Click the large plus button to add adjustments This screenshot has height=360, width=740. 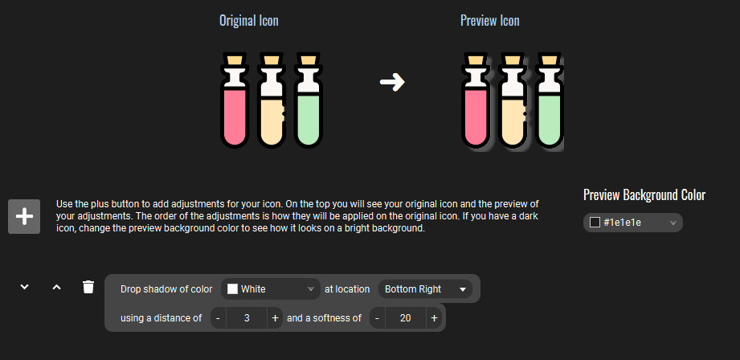point(24,217)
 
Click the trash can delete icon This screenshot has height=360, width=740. point(88,286)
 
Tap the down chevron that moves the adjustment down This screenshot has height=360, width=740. point(25,286)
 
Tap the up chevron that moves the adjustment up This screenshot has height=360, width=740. point(56,286)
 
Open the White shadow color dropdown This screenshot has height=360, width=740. point(271,289)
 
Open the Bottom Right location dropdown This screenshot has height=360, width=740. point(425,289)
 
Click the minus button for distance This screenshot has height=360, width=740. point(218,318)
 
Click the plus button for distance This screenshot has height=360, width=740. point(275,318)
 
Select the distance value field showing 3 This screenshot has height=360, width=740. point(247,318)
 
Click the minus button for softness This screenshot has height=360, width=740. point(377,318)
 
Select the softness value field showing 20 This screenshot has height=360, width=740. point(406,318)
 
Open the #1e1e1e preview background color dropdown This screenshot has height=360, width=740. point(633,223)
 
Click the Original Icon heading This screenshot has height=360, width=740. point(249,21)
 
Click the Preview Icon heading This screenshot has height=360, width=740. point(490,21)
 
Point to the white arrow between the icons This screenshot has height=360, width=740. point(392,82)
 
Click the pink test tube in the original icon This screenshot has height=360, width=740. point(235,100)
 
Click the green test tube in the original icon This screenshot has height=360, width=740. point(309,100)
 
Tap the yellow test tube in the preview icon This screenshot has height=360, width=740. point(513,101)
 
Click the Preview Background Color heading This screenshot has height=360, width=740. point(644,194)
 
